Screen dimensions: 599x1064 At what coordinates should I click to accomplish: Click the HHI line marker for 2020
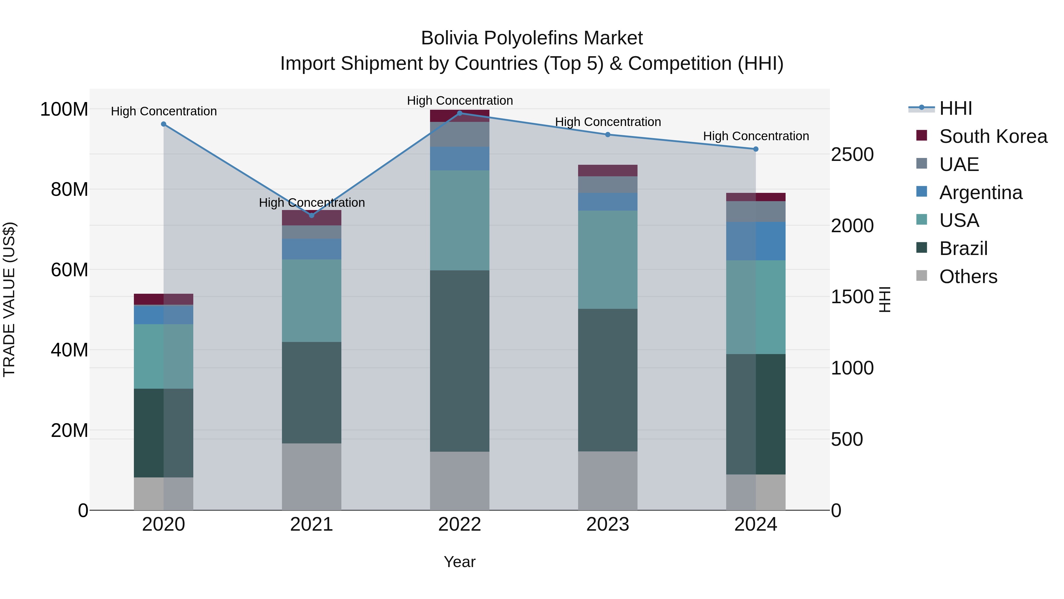[x=163, y=124]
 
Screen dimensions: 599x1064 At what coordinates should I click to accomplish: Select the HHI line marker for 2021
[x=312, y=215]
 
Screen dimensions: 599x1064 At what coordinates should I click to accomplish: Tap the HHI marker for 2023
[x=608, y=134]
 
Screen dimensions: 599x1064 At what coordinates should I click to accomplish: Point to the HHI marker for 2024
[x=756, y=149]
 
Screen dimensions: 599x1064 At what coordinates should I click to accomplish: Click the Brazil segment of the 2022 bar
[x=460, y=361]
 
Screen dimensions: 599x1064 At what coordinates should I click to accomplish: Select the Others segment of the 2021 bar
[x=312, y=477]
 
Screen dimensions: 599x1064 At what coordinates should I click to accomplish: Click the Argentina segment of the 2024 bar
[x=756, y=241]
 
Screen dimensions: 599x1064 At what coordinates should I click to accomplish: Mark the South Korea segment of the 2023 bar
[x=608, y=170]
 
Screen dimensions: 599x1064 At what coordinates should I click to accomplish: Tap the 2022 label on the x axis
[x=460, y=524]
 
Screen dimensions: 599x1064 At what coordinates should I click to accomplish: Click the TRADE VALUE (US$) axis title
[x=9, y=299]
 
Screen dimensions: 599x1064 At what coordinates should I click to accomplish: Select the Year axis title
[x=460, y=562]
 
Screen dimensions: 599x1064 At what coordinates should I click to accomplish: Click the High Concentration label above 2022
[x=460, y=101]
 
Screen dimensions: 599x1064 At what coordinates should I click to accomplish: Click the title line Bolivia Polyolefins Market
[x=532, y=38]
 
